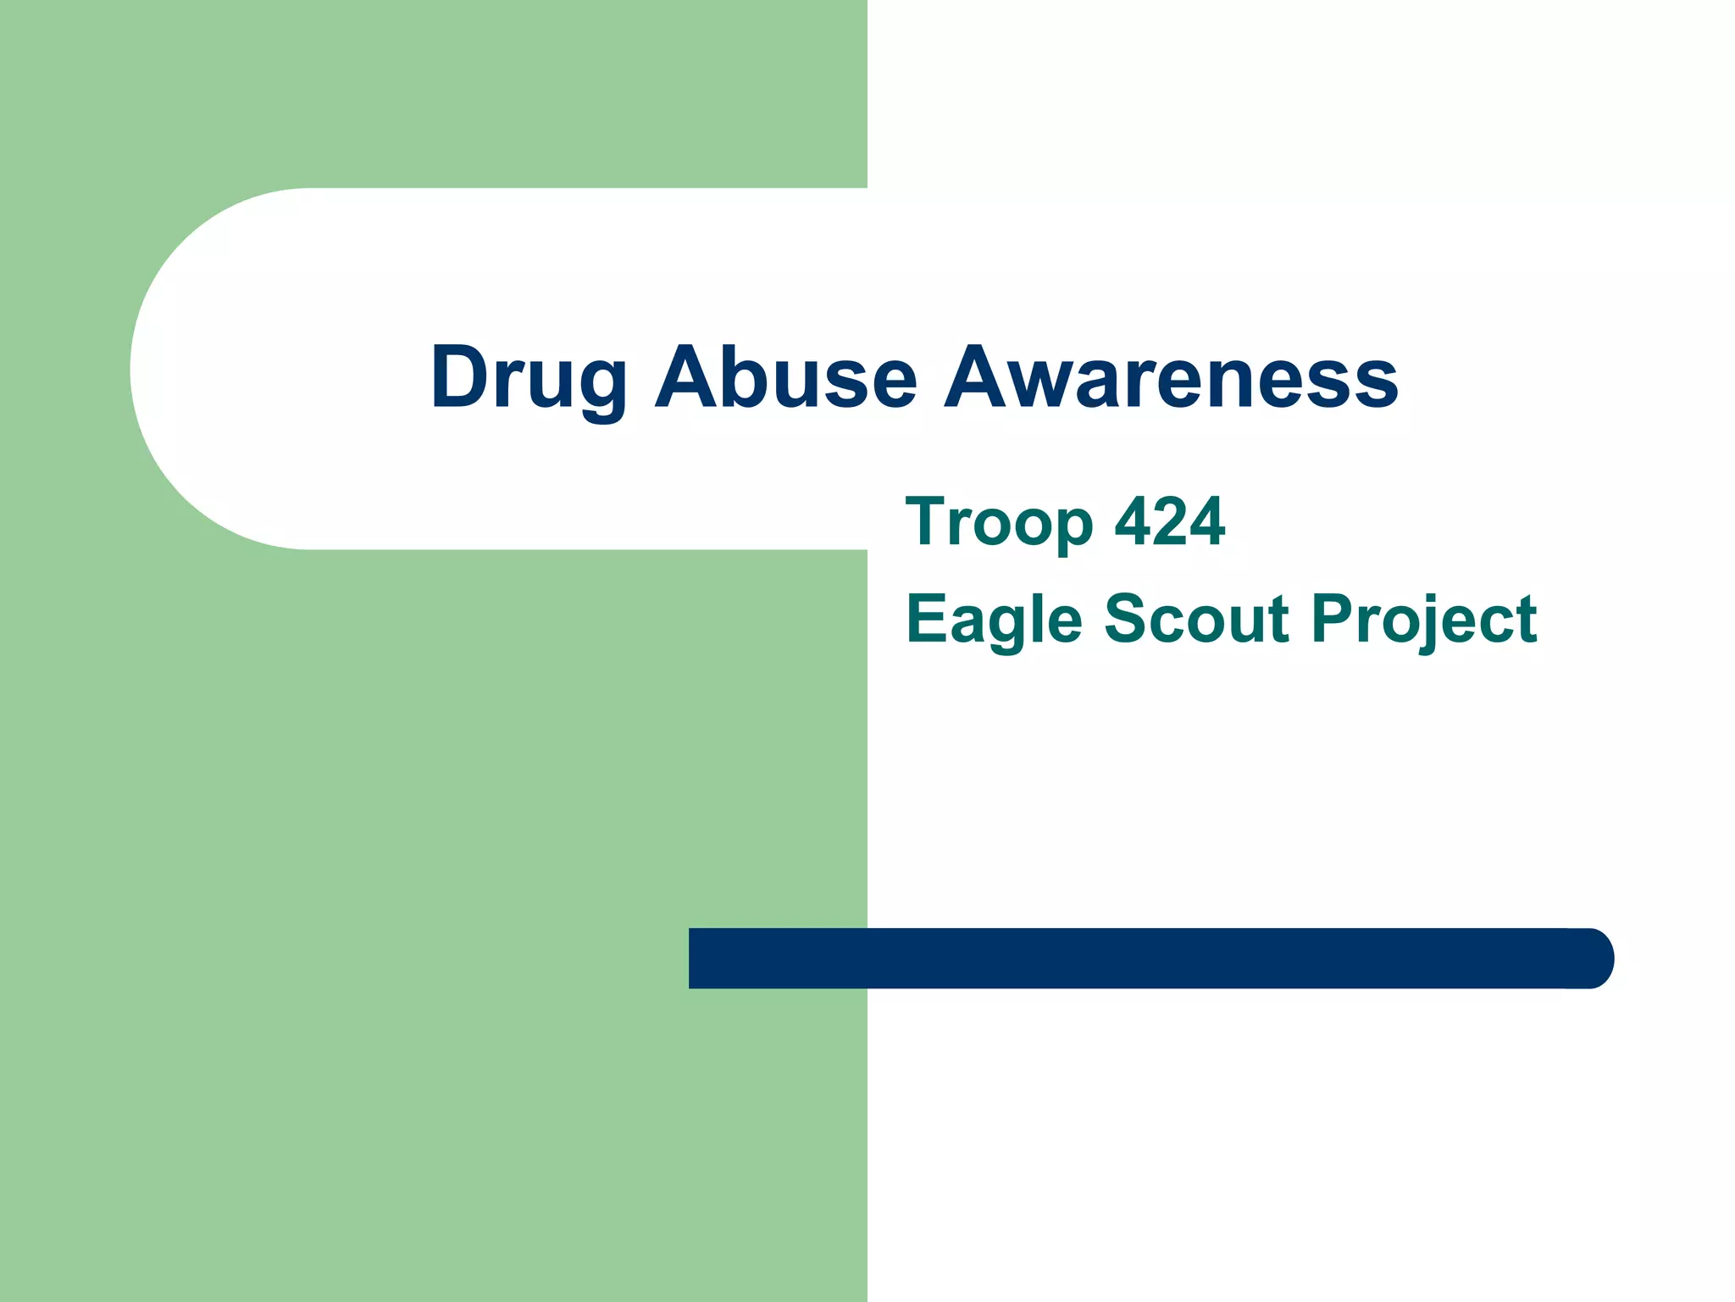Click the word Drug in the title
coord(529,378)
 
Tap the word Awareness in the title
coord(1171,378)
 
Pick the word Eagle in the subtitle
coord(994,620)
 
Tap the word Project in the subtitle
coord(1424,620)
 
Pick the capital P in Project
coord(1331,619)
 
